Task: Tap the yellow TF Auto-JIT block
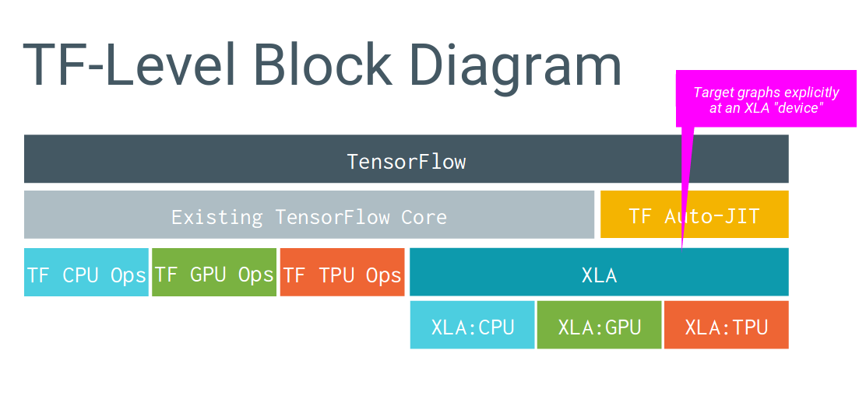(x=694, y=215)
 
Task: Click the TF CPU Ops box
(x=86, y=273)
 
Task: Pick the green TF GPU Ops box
(x=214, y=273)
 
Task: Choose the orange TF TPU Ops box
(x=342, y=273)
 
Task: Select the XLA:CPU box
(x=472, y=325)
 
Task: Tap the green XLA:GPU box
(x=599, y=325)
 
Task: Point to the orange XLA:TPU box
(x=726, y=325)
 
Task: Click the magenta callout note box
(x=766, y=100)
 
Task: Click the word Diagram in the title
(x=512, y=65)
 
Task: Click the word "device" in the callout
(x=800, y=108)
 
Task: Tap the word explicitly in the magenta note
(x=811, y=93)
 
